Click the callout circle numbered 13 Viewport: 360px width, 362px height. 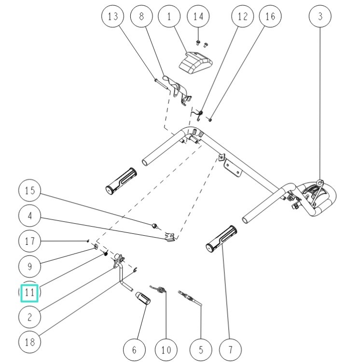coord(113,16)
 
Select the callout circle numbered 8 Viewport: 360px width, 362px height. coord(141,16)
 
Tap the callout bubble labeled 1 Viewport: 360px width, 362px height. coord(169,16)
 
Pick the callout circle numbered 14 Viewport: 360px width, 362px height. coord(198,16)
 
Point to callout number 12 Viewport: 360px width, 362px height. coord(242,16)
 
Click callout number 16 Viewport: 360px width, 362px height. coord(270,16)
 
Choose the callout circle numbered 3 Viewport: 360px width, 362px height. coord(320,16)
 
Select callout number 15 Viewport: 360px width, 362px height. coord(30,190)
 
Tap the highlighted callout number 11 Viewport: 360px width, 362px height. coord(30,292)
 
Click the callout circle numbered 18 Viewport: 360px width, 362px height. coord(30,342)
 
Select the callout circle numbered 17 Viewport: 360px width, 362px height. coord(30,241)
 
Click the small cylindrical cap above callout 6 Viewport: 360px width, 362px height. coord(143,298)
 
